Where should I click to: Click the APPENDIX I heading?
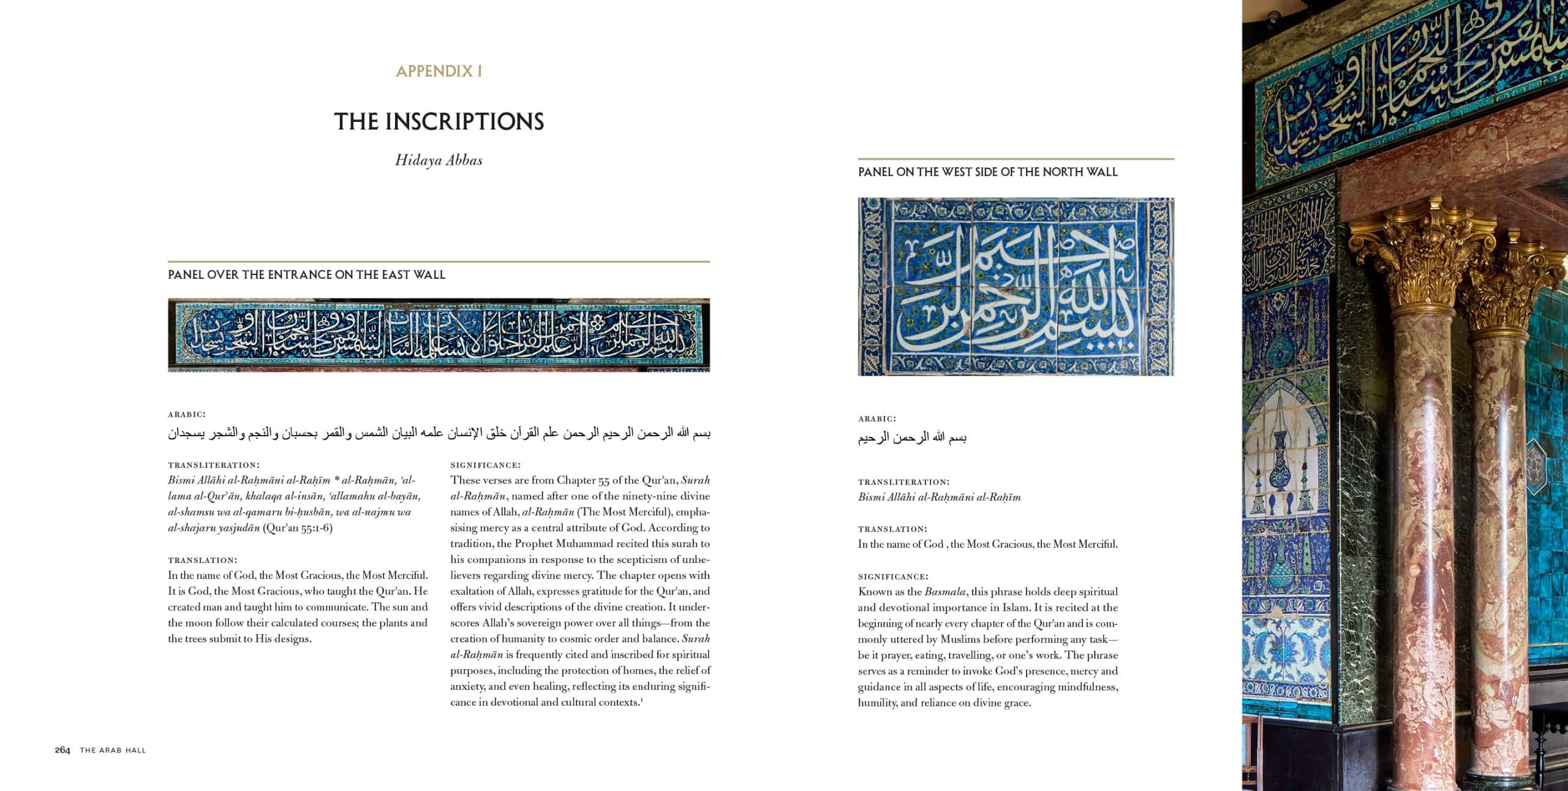[439, 71]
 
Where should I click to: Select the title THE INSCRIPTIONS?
[439, 121]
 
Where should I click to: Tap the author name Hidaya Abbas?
[439, 160]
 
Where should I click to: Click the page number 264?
[62, 750]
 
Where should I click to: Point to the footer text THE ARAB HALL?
[113, 750]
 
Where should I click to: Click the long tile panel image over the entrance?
[439, 335]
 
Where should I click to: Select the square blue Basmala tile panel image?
[1016, 286]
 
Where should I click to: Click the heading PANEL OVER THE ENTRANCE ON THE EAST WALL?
[306, 274]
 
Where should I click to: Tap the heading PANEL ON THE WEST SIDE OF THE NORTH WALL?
[987, 172]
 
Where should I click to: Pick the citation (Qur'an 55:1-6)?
[298, 528]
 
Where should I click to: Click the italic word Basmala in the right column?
[946, 591]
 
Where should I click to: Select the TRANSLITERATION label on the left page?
[214, 465]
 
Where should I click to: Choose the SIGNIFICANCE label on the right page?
[893, 577]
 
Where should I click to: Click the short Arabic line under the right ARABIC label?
[912, 437]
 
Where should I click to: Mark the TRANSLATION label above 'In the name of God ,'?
[892, 529]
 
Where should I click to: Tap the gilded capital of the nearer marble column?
[1421, 257]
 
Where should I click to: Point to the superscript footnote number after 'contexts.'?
[641, 699]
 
